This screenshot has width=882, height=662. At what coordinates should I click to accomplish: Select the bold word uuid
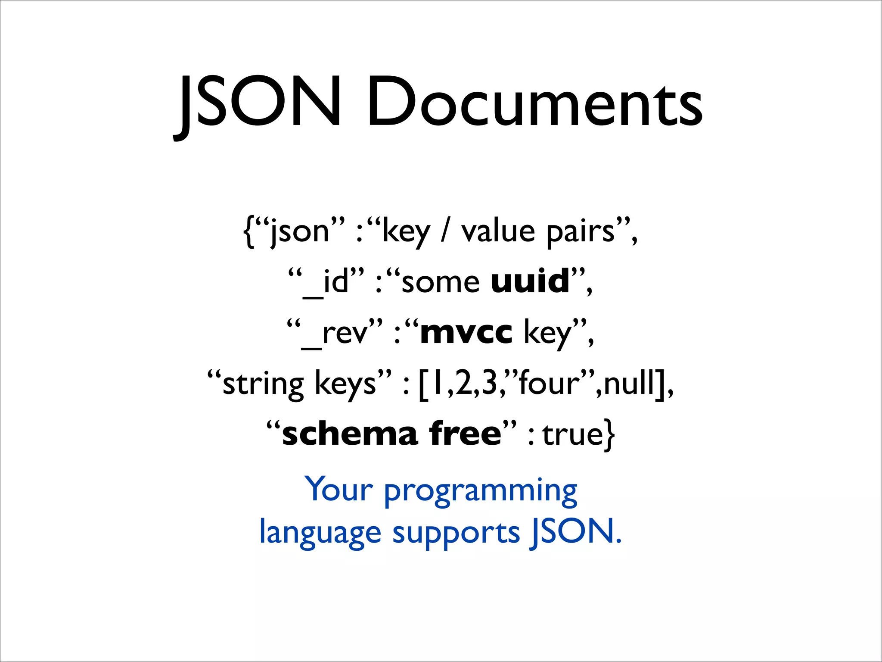[x=530, y=281]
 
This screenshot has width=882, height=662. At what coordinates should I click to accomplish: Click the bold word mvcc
[x=466, y=333]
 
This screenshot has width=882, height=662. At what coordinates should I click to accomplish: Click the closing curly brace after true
[x=609, y=435]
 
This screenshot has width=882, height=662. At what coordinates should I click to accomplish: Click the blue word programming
[x=480, y=491]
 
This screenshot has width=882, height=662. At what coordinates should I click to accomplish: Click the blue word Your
[x=339, y=490]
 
